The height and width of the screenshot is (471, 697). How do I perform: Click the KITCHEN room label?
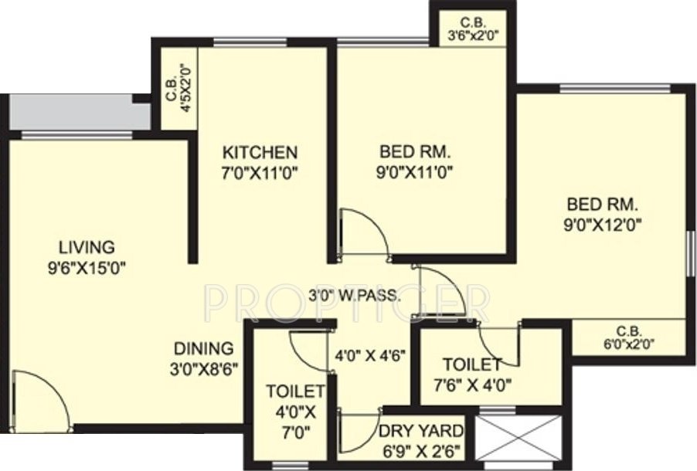click(259, 151)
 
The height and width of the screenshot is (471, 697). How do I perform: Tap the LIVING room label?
click(87, 248)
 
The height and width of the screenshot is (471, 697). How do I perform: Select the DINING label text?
click(202, 348)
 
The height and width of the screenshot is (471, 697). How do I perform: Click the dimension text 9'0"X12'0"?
click(605, 225)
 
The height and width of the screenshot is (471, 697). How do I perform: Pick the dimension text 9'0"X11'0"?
click(416, 172)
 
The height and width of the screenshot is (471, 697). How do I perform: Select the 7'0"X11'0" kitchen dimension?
click(259, 173)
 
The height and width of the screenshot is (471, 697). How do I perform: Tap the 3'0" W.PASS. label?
click(354, 294)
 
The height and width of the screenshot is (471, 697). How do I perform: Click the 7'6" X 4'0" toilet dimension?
click(471, 385)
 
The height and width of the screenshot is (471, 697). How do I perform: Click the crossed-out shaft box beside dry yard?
click(517, 438)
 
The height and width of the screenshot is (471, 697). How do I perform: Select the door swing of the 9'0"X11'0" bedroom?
click(362, 231)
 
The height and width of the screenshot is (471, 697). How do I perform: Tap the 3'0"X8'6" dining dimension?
click(203, 369)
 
